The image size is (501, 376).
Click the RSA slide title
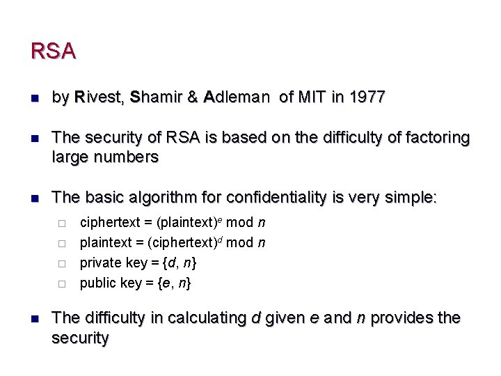[53, 52]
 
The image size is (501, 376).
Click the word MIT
[312, 97]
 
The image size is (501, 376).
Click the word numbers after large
[128, 157]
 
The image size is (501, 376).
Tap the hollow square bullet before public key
[62, 283]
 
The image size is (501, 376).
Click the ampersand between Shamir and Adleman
[192, 97]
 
